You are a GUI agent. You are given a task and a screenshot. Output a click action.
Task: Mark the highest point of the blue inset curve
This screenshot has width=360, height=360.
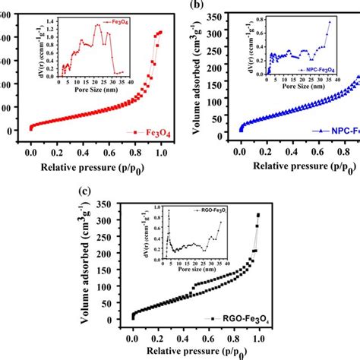(330, 21)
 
